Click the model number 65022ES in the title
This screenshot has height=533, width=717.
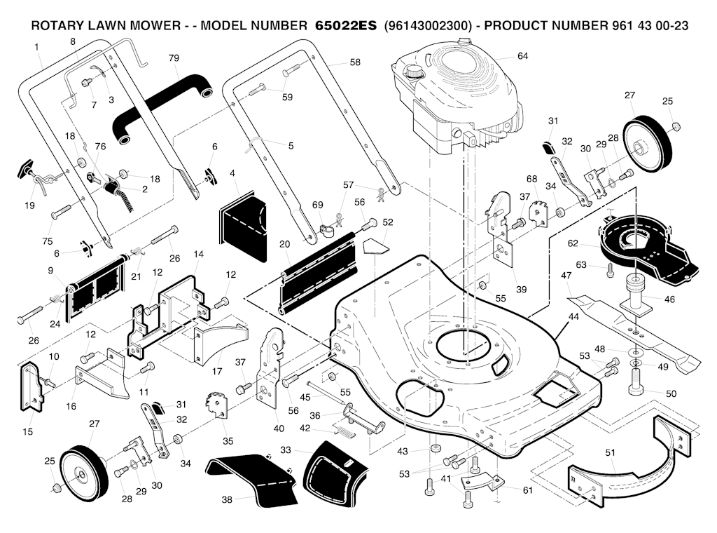coord(343,26)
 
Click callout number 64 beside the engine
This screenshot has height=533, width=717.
coord(522,55)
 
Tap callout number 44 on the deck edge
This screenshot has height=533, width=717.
coord(573,318)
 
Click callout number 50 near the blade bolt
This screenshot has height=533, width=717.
coord(671,393)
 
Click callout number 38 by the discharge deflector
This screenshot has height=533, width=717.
coord(225,499)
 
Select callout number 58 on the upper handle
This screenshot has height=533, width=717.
coord(355,62)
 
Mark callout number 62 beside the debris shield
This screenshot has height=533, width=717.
coord(573,243)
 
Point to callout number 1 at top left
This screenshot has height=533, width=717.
coord(36,47)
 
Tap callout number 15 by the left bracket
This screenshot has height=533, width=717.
coord(27,432)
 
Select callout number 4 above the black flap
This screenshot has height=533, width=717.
coord(232,173)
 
